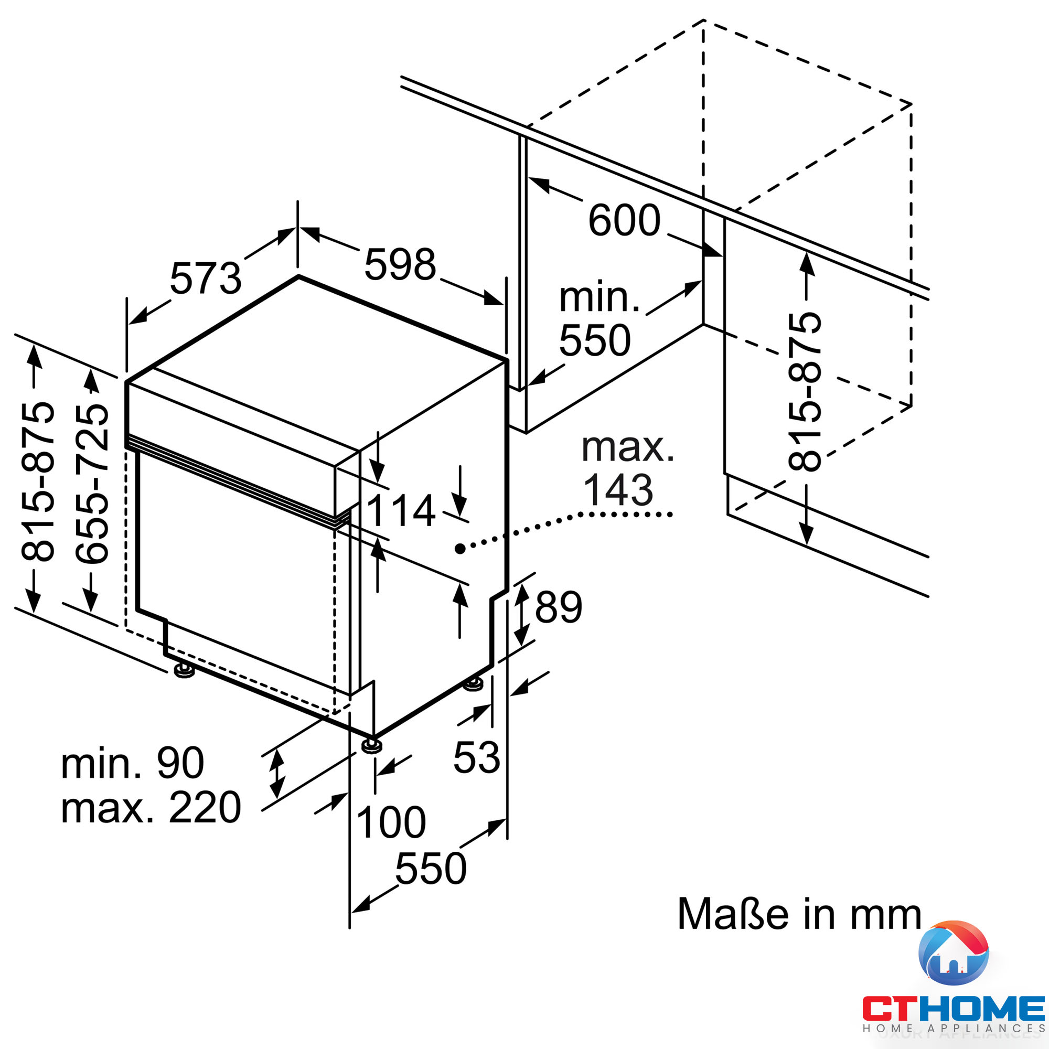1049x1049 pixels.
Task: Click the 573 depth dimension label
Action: click(205, 279)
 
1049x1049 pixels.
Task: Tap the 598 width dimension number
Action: click(400, 265)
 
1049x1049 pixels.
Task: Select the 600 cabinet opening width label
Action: click(624, 220)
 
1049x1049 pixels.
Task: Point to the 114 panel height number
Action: click(401, 511)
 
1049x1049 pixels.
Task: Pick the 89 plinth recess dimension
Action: click(558, 607)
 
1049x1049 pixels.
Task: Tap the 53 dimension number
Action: click(476, 757)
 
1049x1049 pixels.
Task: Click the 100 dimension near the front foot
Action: click(391, 822)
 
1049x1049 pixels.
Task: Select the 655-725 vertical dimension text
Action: click(92, 483)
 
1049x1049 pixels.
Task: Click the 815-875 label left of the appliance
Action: click(38, 481)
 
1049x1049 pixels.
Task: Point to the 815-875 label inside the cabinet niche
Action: click(805, 391)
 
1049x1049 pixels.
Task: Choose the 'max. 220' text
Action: click(151, 808)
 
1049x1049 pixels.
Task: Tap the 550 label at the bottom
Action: click(431, 869)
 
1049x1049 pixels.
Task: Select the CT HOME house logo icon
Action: click(953, 954)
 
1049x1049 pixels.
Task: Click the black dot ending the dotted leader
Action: click(460, 549)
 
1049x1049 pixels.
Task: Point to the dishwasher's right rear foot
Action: click(473, 683)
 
